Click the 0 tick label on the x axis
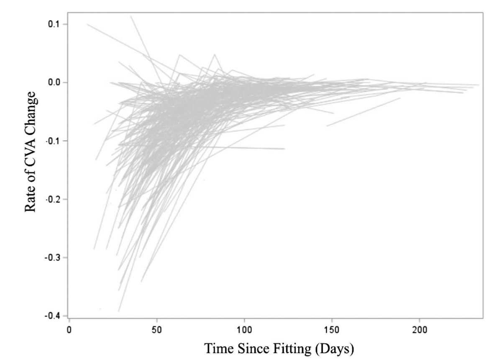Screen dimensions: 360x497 pyautogui.click(x=69, y=330)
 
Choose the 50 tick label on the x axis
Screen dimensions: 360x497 pyautogui.click(x=157, y=330)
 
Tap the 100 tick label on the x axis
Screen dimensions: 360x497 pyautogui.click(x=244, y=330)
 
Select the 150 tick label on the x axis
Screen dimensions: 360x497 pyautogui.click(x=332, y=330)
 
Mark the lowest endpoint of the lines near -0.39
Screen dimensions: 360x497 pyautogui.click(x=119, y=311)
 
